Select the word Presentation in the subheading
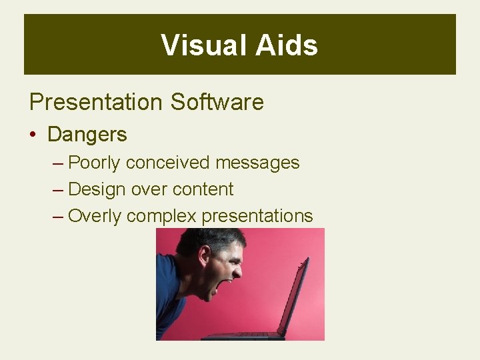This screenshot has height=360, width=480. coord(95,102)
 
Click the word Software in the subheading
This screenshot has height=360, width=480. coord(217,102)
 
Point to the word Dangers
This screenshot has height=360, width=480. coord(87,135)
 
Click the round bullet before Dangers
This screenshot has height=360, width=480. coord(33,135)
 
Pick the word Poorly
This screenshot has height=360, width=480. coord(95,163)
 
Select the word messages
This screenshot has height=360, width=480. coord(257,163)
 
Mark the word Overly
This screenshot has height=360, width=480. coord(95,216)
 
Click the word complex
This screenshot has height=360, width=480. coord(161,216)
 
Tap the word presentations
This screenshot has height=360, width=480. coord(257,216)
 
